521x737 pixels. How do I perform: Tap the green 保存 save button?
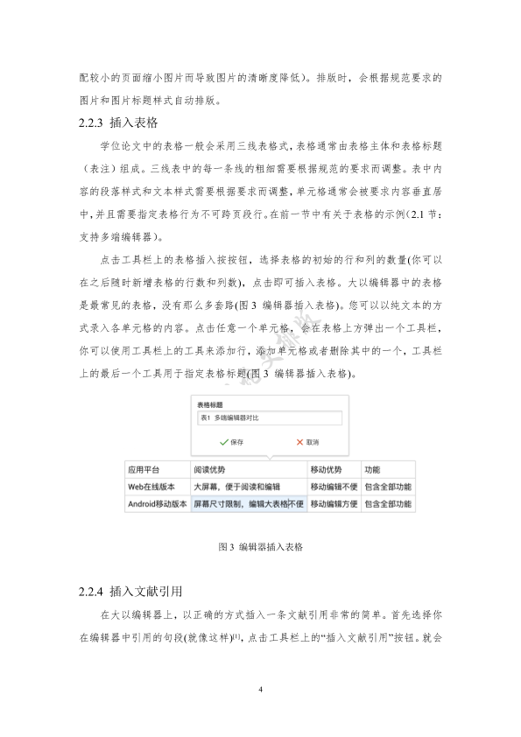point(231,442)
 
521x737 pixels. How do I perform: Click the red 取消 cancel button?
point(306,442)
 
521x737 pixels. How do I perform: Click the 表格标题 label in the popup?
point(209,405)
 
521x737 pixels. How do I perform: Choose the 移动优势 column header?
point(326,469)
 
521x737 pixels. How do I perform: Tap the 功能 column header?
point(372,469)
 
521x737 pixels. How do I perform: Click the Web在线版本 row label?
point(151,487)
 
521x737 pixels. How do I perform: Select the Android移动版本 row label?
point(157,504)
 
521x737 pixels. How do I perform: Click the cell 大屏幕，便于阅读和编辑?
point(236,487)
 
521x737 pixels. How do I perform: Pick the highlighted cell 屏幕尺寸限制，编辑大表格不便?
point(248,504)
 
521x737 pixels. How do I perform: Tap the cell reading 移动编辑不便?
point(333,487)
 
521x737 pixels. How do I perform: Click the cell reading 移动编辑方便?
point(333,504)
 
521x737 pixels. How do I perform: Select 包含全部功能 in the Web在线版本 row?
point(388,487)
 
